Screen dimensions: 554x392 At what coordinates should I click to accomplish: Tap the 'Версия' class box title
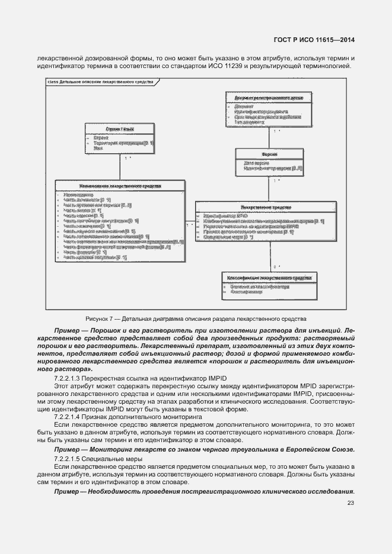point(270,154)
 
